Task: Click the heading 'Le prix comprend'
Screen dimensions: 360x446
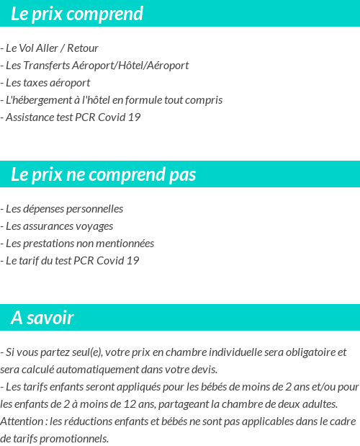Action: coord(77,14)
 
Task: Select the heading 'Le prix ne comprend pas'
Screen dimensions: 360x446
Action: coord(104,174)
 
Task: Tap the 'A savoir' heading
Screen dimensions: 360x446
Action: coord(42,318)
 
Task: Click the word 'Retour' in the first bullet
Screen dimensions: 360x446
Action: coord(83,48)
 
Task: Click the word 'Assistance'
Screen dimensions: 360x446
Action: coord(30,117)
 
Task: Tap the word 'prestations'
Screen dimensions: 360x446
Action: coord(50,244)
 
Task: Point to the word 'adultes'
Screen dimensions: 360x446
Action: coord(319,404)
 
